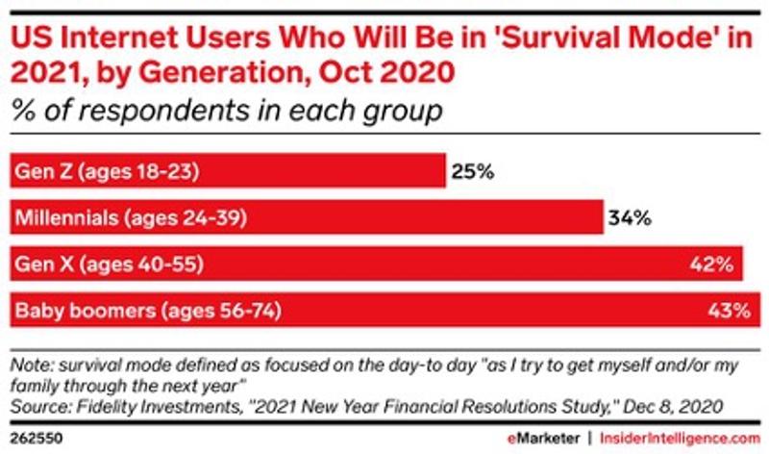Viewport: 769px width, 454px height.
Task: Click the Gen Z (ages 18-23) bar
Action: pyautogui.click(x=227, y=172)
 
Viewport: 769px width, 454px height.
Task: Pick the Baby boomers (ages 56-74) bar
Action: pyautogui.click(x=380, y=310)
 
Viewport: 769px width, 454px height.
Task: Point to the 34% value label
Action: pyautogui.click(x=630, y=218)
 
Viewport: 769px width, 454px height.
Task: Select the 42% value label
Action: pyautogui.click(x=713, y=264)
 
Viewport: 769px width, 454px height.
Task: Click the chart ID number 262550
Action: pyautogui.click(x=33, y=437)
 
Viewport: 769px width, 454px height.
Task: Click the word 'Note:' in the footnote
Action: pyautogui.click(x=30, y=365)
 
